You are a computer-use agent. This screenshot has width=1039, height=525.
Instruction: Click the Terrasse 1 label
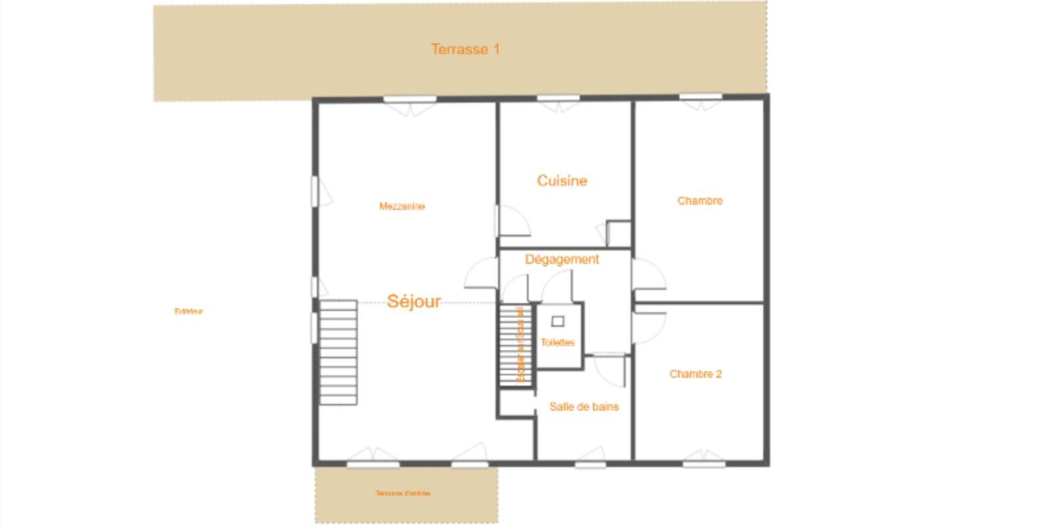tap(465, 49)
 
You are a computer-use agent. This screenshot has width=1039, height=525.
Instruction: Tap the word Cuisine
tap(562, 181)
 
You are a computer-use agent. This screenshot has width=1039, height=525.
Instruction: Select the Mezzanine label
tap(402, 206)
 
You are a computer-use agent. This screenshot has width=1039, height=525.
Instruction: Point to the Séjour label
tap(414, 301)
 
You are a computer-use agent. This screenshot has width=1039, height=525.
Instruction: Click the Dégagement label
tap(562, 259)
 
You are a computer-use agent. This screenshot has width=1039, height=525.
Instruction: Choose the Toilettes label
tap(557, 343)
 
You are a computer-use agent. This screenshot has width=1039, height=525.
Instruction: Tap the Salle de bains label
tap(584, 407)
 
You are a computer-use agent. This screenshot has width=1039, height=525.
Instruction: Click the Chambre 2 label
tap(695, 374)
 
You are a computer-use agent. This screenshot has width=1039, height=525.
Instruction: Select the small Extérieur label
tap(189, 311)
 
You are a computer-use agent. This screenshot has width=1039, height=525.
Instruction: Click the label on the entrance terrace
tap(403, 493)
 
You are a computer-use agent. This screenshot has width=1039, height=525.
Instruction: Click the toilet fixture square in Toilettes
tap(557, 321)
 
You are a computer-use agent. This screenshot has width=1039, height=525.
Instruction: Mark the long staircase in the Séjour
tap(338, 352)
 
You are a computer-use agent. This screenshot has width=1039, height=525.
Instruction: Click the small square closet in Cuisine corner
tap(618, 234)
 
